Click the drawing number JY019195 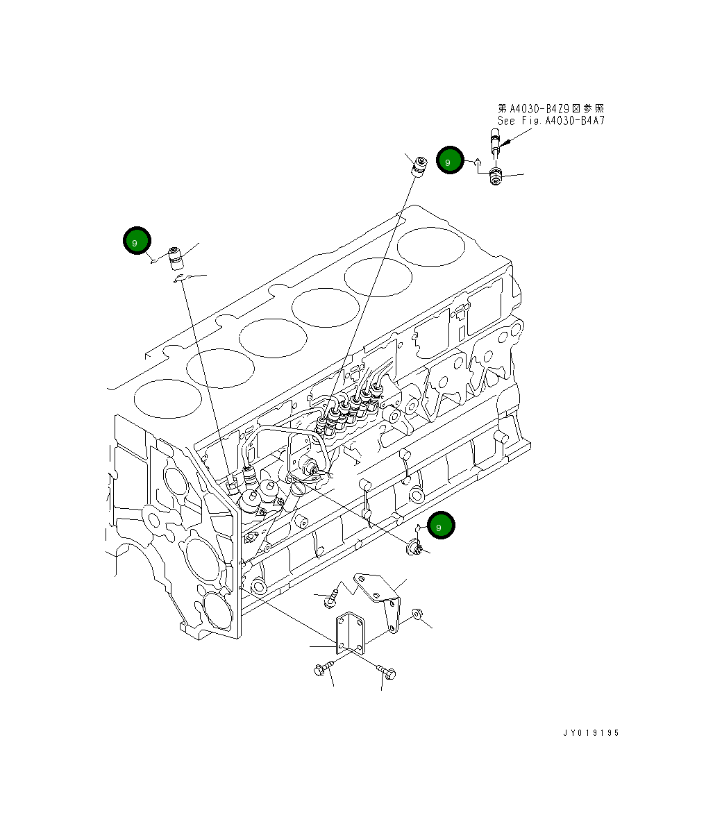click(x=591, y=732)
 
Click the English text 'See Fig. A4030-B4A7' click(x=551, y=121)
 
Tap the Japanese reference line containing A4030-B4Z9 click(x=551, y=109)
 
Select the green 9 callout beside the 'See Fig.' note click(x=449, y=161)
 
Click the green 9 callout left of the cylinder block click(x=137, y=241)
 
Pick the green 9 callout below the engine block click(x=441, y=526)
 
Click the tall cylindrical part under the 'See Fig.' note click(x=495, y=144)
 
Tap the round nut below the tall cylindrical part click(x=496, y=177)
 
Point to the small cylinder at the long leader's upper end click(x=419, y=167)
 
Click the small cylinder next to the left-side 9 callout click(x=176, y=258)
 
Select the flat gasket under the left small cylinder click(x=182, y=278)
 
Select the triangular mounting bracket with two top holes click(x=380, y=597)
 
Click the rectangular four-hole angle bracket click(x=351, y=634)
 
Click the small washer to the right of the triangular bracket click(x=417, y=613)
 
